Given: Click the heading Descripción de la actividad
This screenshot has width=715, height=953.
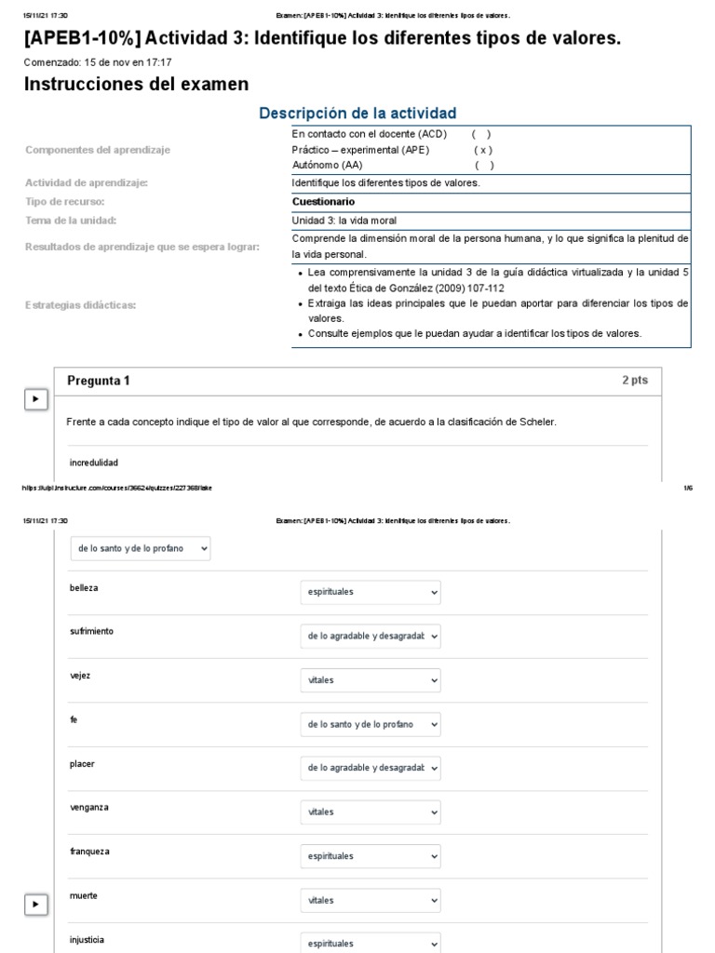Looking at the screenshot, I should (x=357, y=114).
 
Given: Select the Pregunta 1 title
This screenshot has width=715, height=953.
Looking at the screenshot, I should (x=99, y=381).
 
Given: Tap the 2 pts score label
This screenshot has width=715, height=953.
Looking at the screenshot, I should (x=635, y=381).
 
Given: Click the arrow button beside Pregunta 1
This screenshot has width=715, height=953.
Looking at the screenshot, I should (x=35, y=399).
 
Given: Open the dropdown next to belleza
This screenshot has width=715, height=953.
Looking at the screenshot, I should (x=370, y=592).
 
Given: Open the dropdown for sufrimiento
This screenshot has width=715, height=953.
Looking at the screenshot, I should (x=370, y=637).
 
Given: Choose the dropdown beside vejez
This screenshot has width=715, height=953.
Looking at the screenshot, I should (x=370, y=680).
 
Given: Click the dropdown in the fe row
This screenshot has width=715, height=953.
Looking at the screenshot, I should (x=370, y=724).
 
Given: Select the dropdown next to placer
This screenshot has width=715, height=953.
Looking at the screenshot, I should (x=370, y=768).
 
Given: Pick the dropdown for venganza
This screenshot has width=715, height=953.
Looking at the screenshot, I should (x=370, y=812).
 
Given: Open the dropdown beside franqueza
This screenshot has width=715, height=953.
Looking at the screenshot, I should (x=370, y=856).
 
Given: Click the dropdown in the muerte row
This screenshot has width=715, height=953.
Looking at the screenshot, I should (x=370, y=901).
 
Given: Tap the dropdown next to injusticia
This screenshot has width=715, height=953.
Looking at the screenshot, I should (x=370, y=942).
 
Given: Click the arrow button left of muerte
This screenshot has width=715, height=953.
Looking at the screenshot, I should (x=35, y=904).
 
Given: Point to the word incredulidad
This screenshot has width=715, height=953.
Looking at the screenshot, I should (x=94, y=463).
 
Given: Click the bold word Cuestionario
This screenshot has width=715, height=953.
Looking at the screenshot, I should (x=323, y=202).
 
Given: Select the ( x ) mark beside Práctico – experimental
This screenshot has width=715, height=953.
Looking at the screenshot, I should (x=482, y=150).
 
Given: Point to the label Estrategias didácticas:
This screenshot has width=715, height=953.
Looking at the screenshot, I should (x=81, y=304).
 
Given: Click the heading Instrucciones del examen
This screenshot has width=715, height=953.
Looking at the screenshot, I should (x=136, y=85).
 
